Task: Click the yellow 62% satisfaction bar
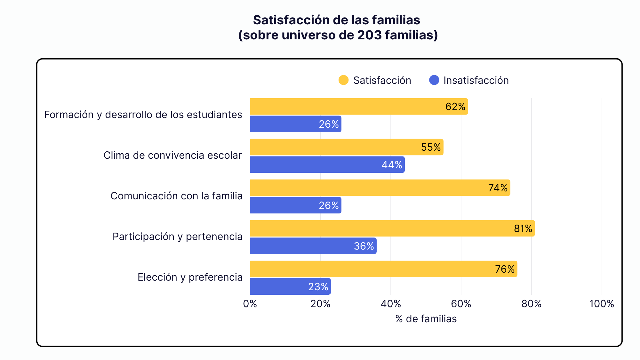[359, 107]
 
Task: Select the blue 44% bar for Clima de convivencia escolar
[327, 164]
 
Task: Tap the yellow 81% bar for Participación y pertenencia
[392, 228]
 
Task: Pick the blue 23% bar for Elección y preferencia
[290, 286]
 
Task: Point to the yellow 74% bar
[380, 188]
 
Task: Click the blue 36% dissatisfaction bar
[313, 246]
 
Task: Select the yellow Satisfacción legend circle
[343, 80]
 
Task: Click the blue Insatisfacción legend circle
[434, 80]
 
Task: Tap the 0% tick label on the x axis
[250, 304]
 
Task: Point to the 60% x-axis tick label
[461, 304]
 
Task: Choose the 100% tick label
[602, 304]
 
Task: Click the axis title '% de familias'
[426, 319]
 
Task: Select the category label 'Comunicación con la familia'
[176, 196]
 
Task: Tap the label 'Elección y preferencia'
[190, 277]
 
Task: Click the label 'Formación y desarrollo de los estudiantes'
[143, 115]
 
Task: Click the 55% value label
[431, 147]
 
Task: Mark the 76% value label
[505, 269]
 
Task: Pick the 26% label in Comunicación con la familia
[329, 205]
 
